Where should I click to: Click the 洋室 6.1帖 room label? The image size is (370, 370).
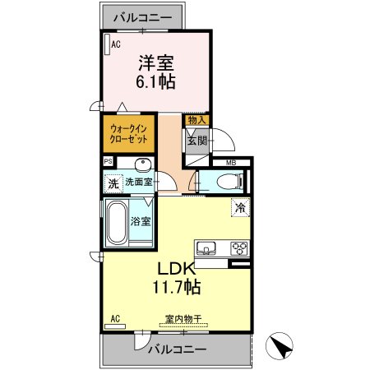click(x=155, y=72)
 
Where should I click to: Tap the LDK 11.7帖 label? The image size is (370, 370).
click(x=177, y=278)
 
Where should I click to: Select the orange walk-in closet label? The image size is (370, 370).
click(x=128, y=134)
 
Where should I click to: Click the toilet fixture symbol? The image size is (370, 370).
click(x=229, y=181)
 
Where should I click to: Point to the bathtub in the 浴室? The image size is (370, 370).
click(x=117, y=224)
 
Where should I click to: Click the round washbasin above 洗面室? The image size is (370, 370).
click(x=143, y=164)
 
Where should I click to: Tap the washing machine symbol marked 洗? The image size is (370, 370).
click(x=113, y=183)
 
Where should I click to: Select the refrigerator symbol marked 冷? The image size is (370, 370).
click(x=240, y=207)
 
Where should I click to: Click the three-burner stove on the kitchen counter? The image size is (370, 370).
click(x=239, y=249)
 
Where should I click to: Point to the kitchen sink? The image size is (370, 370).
click(x=206, y=248)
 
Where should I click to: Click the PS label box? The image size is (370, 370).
click(x=109, y=161)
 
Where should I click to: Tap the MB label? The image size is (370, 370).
click(x=231, y=163)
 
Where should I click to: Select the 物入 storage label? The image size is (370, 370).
click(x=197, y=120)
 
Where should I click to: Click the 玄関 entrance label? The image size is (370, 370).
click(x=197, y=141)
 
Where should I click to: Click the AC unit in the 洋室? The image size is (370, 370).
click(x=107, y=44)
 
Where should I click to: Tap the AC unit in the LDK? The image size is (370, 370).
click(x=115, y=326)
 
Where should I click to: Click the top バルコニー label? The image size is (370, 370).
click(x=142, y=17)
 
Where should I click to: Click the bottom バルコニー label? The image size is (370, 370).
click(x=178, y=349)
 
